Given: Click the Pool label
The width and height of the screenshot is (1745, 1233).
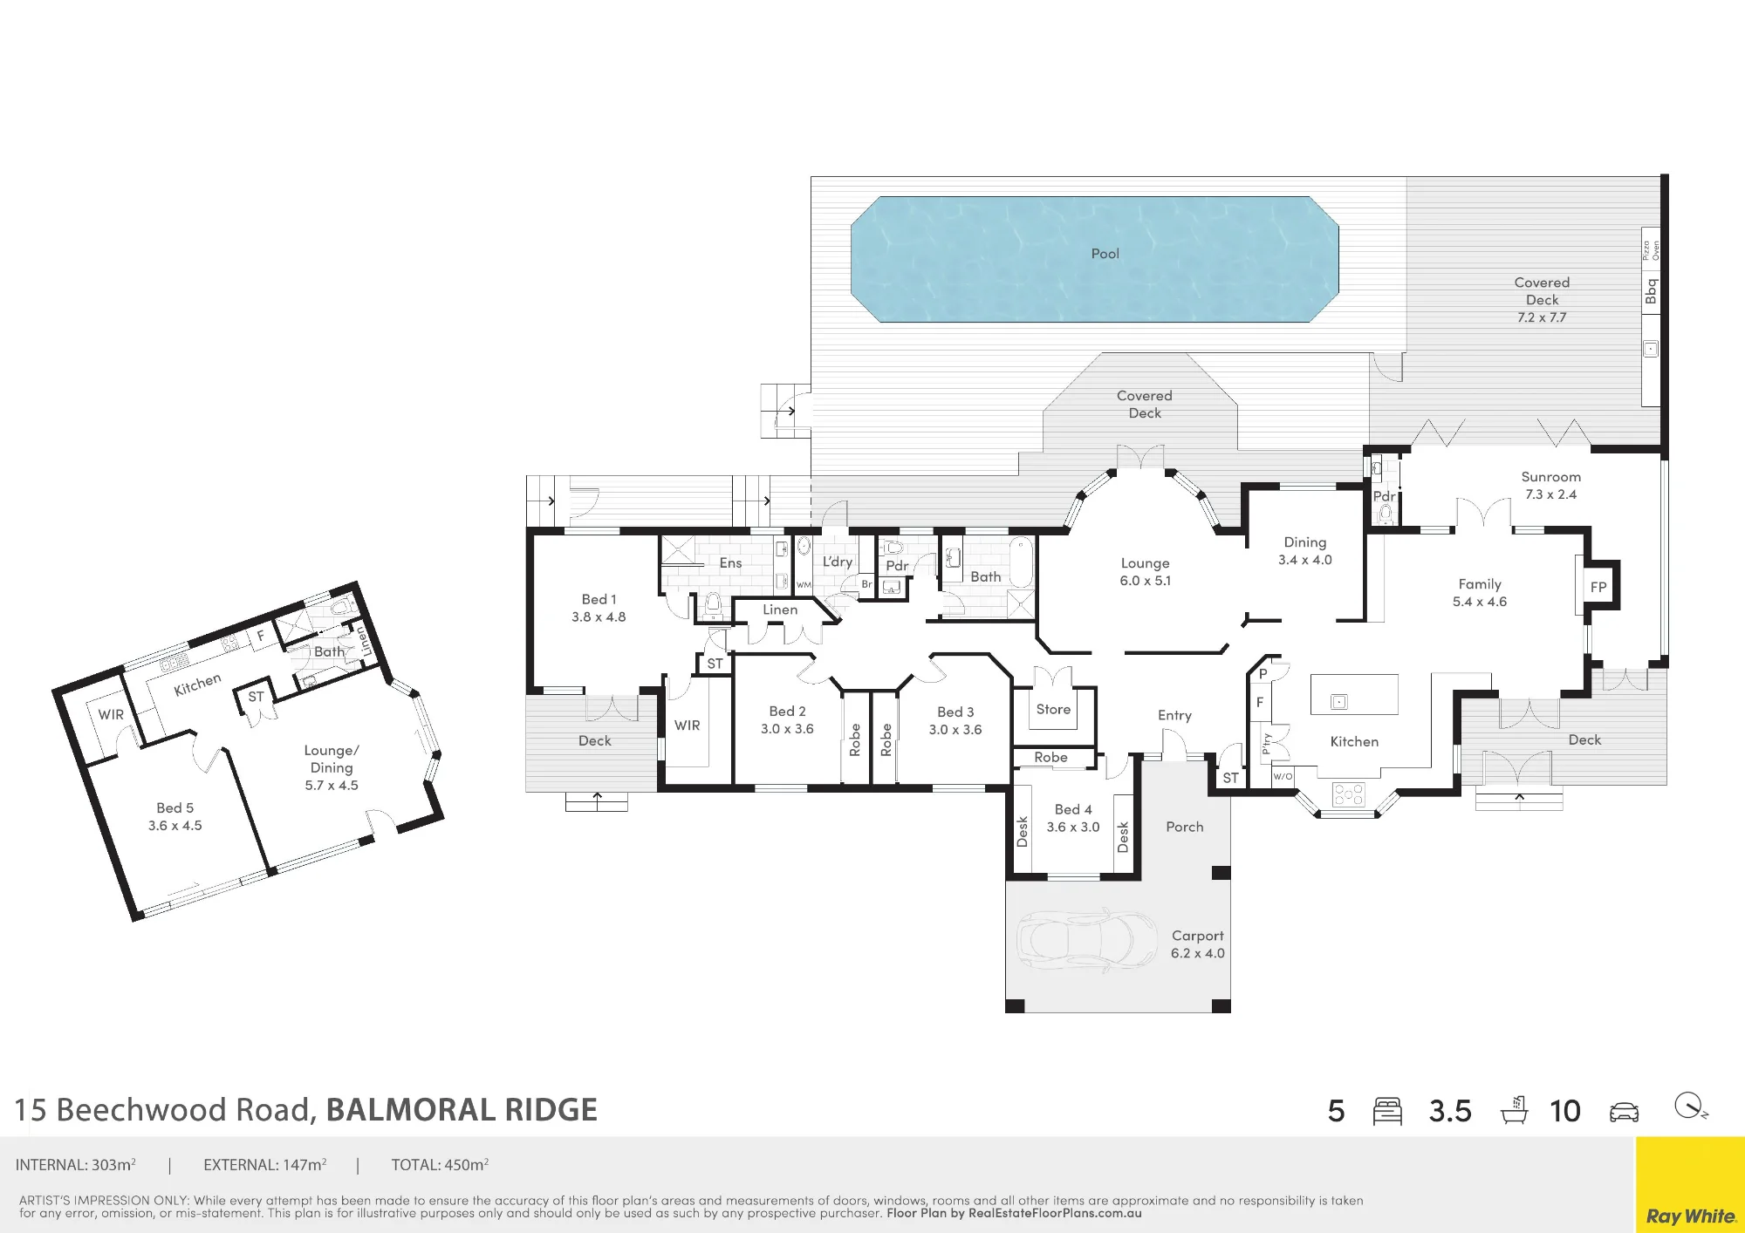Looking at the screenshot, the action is (1105, 254).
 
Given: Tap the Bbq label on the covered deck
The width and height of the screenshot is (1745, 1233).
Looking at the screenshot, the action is (1650, 291).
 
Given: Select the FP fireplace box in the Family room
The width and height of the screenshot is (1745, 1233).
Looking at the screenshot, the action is (1598, 587).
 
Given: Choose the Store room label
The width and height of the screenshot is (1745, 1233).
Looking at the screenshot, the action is (1053, 710).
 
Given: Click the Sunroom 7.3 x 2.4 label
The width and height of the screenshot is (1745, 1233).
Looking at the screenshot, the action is (1550, 486).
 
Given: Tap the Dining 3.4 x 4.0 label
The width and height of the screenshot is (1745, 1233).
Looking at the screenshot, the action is (1304, 551).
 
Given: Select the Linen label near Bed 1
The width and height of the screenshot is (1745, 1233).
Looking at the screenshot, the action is (780, 610).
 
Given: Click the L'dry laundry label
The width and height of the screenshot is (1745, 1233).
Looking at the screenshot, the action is (838, 562).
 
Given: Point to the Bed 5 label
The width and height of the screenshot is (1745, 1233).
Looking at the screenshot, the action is (174, 808).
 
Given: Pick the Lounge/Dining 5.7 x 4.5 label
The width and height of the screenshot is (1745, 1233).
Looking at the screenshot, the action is (332, 767).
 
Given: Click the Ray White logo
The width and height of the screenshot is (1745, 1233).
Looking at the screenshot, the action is (1690, 1216).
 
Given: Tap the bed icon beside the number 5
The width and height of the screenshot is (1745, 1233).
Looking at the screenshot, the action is (1387, 1111).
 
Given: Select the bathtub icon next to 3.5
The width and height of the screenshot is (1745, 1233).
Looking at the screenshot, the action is (1515, 1110).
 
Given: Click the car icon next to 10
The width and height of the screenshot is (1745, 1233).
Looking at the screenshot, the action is (1624, 1112).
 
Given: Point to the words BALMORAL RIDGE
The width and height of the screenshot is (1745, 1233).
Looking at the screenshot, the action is (462, 1110).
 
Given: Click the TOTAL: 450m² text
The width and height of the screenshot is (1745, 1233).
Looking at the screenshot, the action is (440, 1165).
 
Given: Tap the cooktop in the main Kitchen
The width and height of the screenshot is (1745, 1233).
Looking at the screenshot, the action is (1348, 794).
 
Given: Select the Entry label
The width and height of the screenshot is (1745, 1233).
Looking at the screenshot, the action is (1174, 716).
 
